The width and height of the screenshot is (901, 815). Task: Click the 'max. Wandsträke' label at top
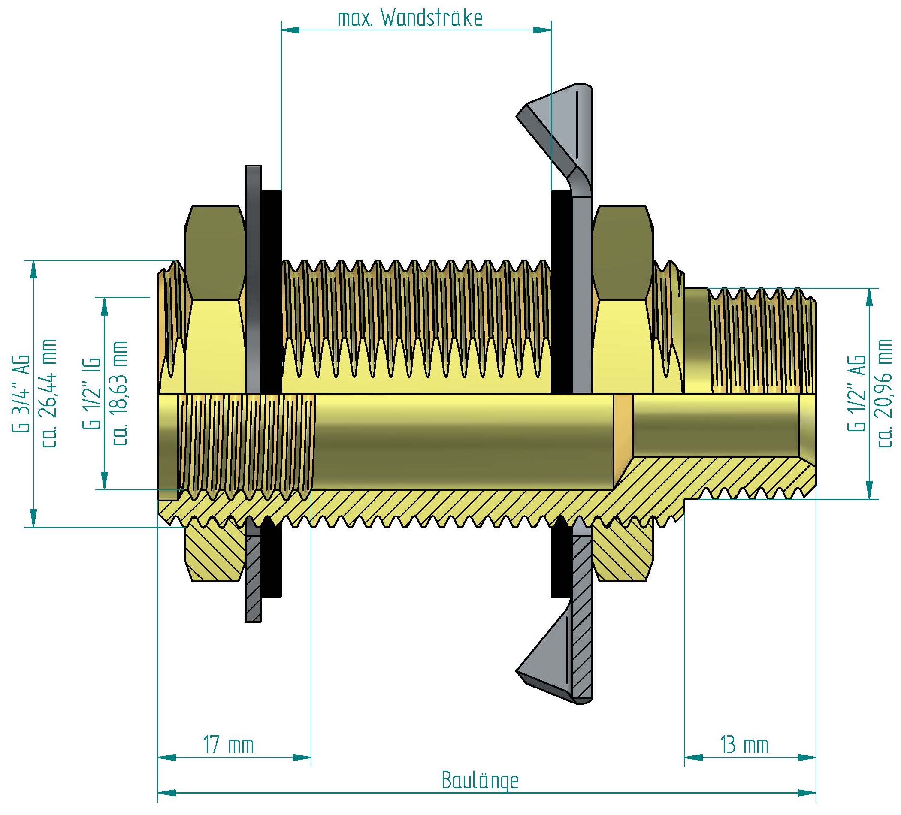[409, 18]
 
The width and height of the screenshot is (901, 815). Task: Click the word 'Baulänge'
[480, 781]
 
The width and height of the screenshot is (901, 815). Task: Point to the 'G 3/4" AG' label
[20, 393]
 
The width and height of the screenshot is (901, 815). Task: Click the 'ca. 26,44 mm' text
[49, 393]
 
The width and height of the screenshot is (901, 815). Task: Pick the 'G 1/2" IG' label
[92, 393]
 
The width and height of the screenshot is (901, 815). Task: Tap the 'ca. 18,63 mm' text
[120, 393]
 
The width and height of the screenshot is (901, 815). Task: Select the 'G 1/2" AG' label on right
[856, 393]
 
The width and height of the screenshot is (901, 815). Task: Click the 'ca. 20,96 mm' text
[885, 393]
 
